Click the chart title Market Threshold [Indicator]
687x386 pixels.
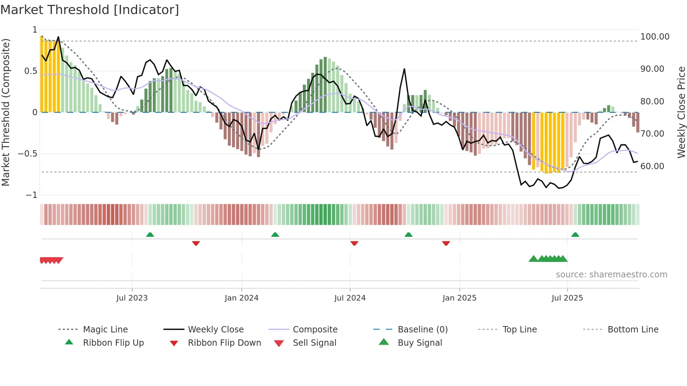90,10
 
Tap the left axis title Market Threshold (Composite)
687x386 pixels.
6,112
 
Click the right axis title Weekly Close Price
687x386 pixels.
681,112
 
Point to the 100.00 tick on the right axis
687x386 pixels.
655,37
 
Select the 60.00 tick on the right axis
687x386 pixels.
652,166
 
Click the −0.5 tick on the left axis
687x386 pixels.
27,154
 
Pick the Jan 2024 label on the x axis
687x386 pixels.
242,298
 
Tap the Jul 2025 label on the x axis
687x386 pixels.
567,298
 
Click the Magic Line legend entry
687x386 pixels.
105,330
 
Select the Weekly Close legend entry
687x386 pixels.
216,330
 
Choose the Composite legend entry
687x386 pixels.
315,330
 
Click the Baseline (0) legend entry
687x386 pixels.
422,330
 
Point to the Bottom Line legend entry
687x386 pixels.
633,330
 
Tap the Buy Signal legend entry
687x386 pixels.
420,343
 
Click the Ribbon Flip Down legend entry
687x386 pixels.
224,343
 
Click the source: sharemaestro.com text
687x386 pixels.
611,275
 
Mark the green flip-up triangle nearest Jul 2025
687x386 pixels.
575,235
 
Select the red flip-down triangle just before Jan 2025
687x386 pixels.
446,243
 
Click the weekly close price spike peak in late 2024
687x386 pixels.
404,69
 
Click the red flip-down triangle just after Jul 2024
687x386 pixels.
354,243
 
